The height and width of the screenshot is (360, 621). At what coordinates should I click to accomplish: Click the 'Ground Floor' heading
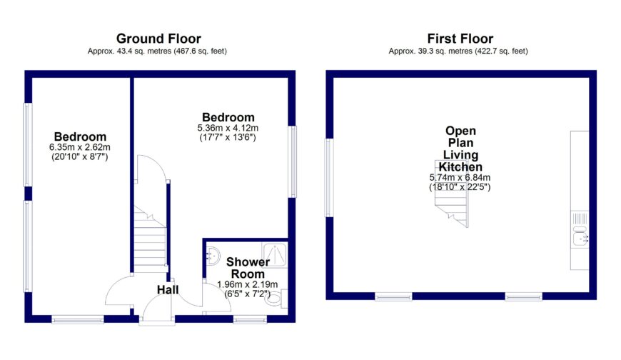pyautogui.click(x=158, y=39)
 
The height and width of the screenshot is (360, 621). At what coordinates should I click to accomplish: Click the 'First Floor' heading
pyautogui.click(x=460, y=39)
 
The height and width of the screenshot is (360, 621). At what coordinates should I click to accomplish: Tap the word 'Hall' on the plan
pyautogui.click(x=168, y=289)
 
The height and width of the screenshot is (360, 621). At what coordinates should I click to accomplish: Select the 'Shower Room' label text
pyautogui.click(x=246, y=268)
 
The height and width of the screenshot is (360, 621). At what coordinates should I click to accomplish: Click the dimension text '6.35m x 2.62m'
pyautogui.click(x=81, y=148)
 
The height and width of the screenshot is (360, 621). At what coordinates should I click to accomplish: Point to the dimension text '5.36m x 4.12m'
pyautogui.click(x=228, y=129)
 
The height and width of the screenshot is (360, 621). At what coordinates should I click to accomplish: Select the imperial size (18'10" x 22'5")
pyautogui.click(x=460, y=187)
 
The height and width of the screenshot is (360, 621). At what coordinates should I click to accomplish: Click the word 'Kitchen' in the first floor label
pyautogui.click(x=460, y=166)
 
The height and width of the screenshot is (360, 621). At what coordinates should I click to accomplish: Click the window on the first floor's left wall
pyautogui.click(x=328, y=177)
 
